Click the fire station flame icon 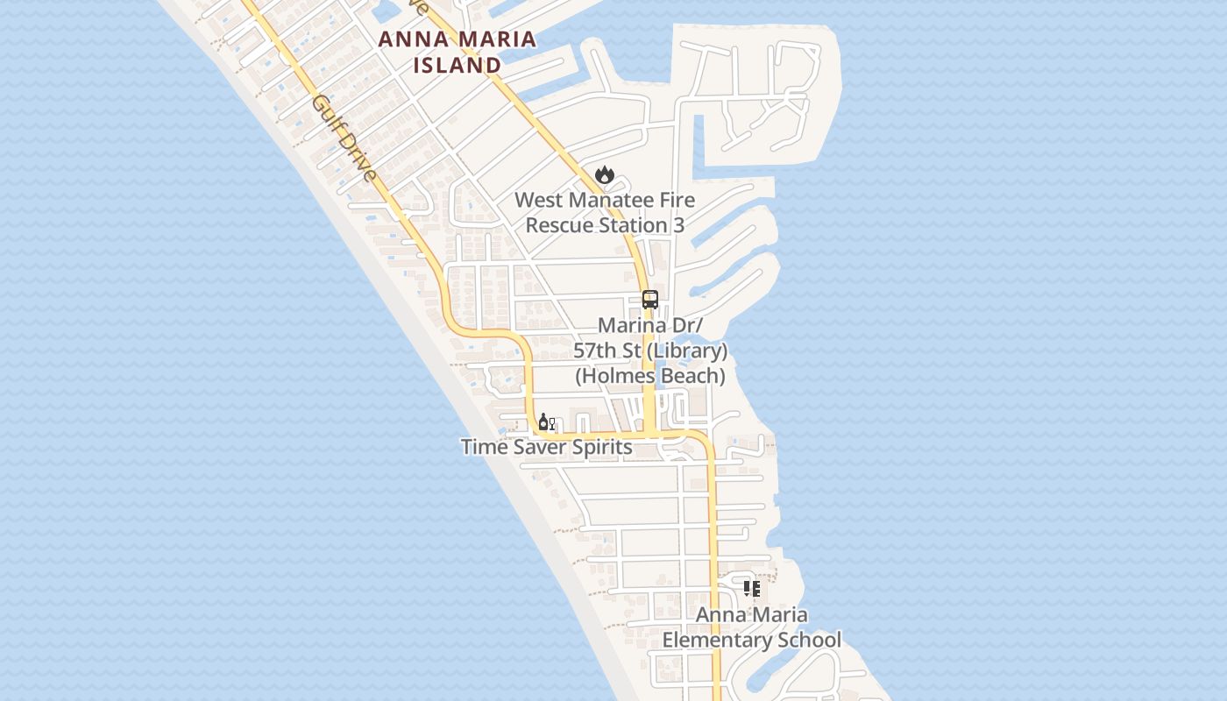click(605, 175)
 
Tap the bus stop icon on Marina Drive click(649, 300)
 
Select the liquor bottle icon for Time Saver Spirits click(544, 423)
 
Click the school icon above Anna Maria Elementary click(751, 589)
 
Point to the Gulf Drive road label click(344, 138)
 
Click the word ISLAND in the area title click(457, 65)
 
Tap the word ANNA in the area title click(408, 39)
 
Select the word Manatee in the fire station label click(608, 200)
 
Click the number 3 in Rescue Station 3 click(677, 225)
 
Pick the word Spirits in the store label click(600, 447)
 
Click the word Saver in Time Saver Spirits click(538, 447)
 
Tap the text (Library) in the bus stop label click(687, 350)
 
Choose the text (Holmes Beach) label click(650, 376)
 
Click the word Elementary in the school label click(715, 640)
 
